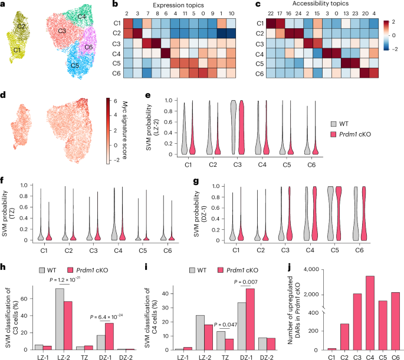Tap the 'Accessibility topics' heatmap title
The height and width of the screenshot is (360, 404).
(x=321, y=4)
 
